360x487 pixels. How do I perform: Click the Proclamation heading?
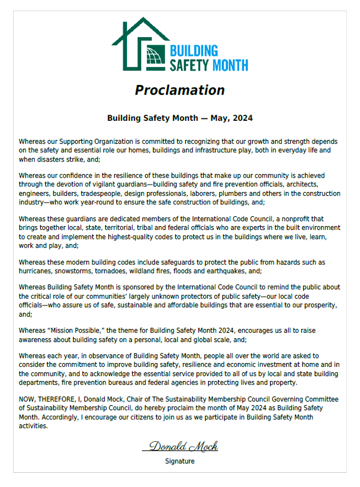click(180, 90)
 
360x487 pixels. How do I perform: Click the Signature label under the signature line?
click(180, 461)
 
